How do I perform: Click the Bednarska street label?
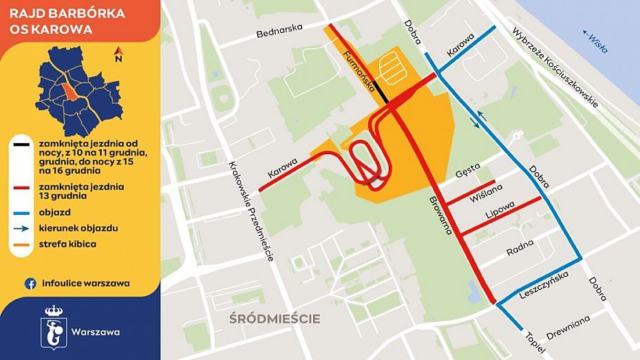click(279, 32)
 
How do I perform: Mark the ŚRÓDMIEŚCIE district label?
click(275, 318)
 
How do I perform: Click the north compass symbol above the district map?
click(118, 54)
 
